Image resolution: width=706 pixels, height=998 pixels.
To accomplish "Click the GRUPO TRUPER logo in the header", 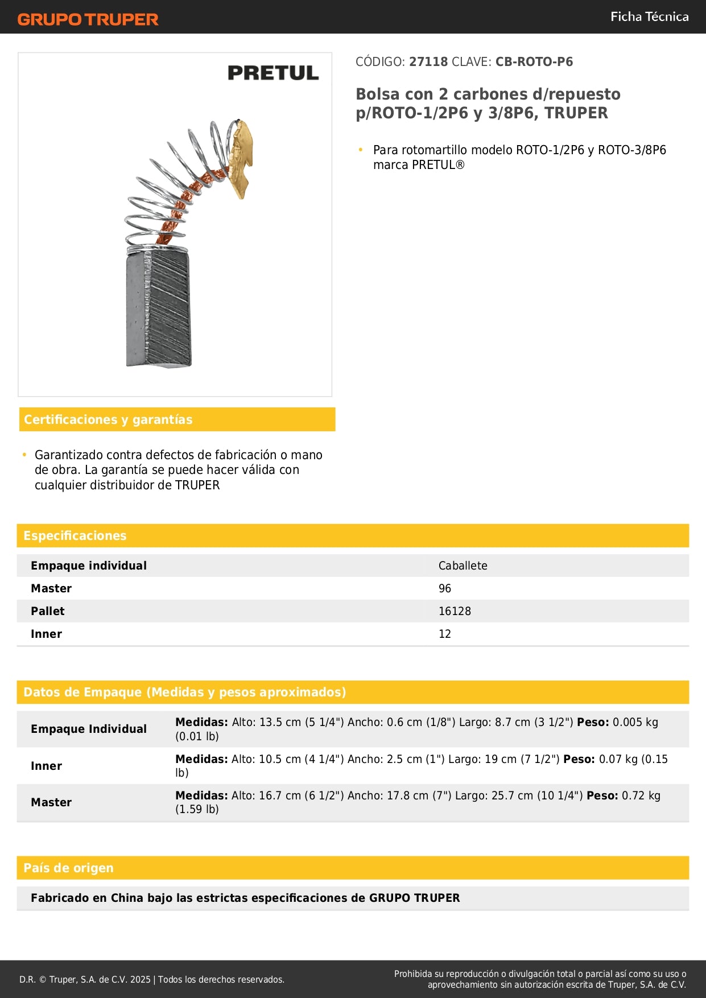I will pos(88,19).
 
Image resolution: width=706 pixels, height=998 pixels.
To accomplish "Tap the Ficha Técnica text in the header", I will pos(649,17).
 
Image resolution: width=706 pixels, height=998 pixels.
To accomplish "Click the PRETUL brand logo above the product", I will pos(273,73).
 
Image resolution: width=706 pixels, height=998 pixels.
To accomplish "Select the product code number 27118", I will pos(428,61).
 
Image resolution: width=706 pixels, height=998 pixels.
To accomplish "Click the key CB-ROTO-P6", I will pos(534,61).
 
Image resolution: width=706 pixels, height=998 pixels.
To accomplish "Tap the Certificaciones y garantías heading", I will pos(108,419).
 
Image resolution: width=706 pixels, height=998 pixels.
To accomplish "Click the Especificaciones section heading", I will pos(75,535).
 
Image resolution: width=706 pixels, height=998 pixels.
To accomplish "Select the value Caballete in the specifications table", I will pos(463,566).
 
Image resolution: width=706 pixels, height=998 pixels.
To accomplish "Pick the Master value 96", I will pos(444,588).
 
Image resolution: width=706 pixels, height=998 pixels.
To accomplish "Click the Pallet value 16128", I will pos(455,611).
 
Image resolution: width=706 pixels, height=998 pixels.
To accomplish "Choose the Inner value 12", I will pos(444,634).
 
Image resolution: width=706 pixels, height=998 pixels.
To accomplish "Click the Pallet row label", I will pos(48,611).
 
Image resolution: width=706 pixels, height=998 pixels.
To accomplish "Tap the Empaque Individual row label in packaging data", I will pos(89,729).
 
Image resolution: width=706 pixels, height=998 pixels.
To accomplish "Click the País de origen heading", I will pos(68,868).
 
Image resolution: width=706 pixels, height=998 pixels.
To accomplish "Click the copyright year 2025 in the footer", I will pos(141,979).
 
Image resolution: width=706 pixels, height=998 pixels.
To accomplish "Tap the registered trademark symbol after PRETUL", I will pos(460,165).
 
